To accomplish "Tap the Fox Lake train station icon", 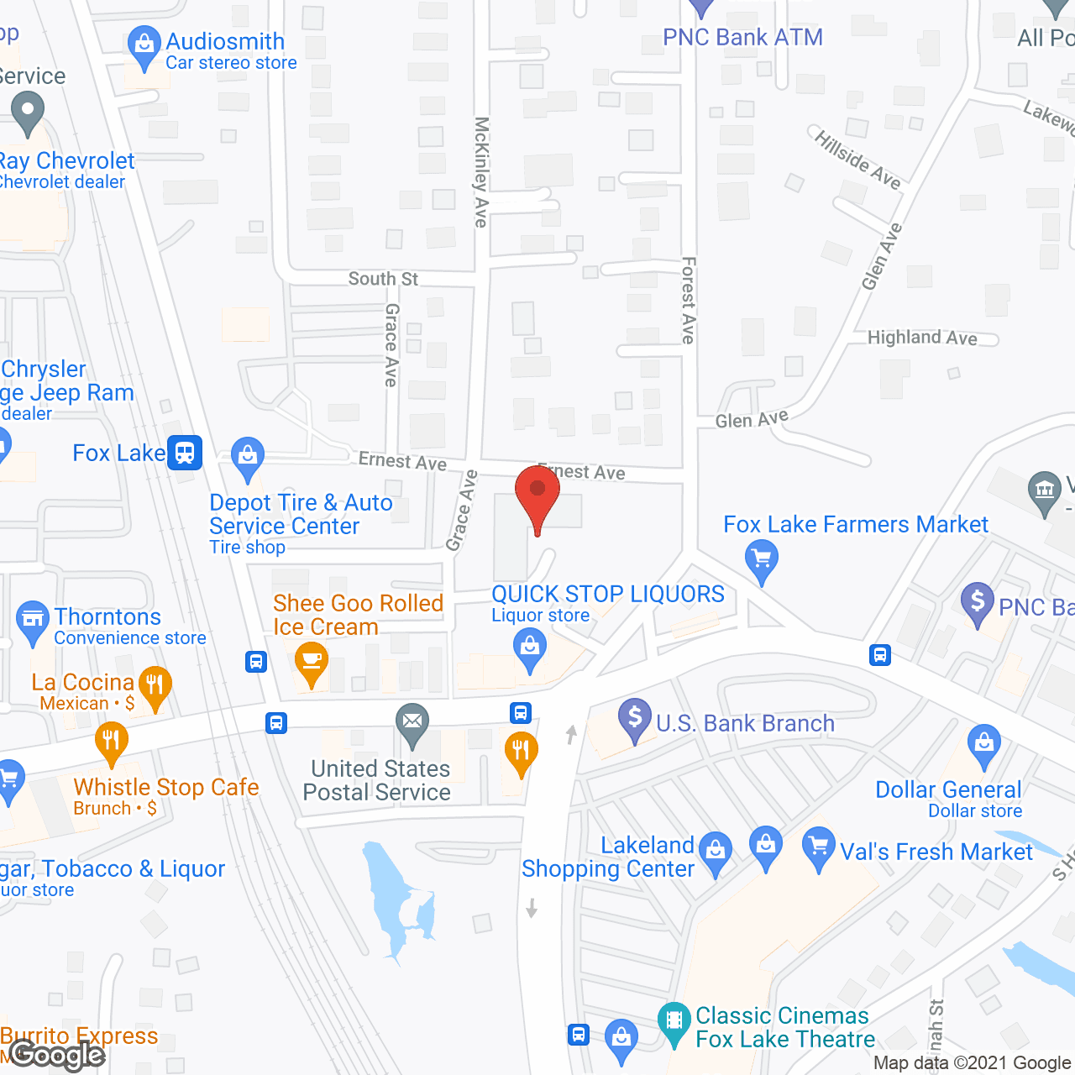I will pyautogui.click(x=185, y=453).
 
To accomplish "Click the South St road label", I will pyautogui.click(x=383, y=279).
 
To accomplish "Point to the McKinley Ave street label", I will pyautogui.click(x=481, y=172).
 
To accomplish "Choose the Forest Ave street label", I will pyautogui.click(x=689, y=300).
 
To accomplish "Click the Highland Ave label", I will pyautogui.click(x=922, y=338).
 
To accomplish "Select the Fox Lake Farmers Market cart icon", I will pyautogui.click(x=762, y=558).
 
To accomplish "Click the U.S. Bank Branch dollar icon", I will pyautogui.click(x=635, y=718).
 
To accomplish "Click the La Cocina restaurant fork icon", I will pyautogui.click(x=155, y=684).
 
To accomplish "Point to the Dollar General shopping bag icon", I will pyautogui.click(x=984, y=744).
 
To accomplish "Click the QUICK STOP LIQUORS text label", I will pyautogui.click(x=608, y=594).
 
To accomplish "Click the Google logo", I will pyautogui.click(x=57, y=1054).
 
